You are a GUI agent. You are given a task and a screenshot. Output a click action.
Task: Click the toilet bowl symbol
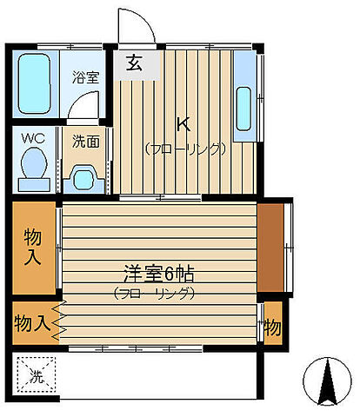35,165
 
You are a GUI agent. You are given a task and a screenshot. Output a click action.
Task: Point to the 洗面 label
85,139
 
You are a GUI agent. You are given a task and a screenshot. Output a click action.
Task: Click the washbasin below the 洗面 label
83,177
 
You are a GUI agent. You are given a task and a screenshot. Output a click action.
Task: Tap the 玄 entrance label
134,63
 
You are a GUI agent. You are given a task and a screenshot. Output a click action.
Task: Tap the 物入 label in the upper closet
33,245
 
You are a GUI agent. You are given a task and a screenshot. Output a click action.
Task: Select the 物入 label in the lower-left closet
32,323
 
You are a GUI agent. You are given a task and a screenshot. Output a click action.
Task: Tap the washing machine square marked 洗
36,376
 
